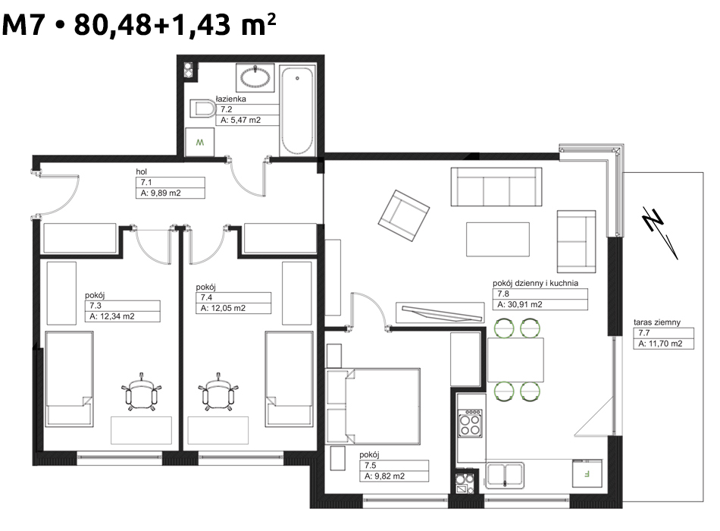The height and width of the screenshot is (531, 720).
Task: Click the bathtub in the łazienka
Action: (x=297, y=112)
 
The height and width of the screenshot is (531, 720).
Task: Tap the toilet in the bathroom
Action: (x=202, y=109)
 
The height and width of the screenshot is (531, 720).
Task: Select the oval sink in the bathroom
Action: (x=255, y=77)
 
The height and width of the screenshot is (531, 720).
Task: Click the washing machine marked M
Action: (x=200, y=142)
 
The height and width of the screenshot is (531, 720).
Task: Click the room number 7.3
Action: (x=95, y=306)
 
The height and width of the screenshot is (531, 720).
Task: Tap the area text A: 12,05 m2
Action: (x=223, y=308)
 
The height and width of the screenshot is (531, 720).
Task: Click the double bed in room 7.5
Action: (x=373, y=407)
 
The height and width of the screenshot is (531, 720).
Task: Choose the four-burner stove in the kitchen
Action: (x=470, y=423)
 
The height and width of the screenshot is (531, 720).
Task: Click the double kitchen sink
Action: (x=505, y=475)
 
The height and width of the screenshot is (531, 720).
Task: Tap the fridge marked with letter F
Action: (x=587, y=473)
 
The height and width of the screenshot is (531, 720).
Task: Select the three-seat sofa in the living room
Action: (x=496, y=187)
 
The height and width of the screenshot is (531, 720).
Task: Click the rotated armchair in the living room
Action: (x=404, y=215)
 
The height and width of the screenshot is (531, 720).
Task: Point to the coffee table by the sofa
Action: (x=498, y=240)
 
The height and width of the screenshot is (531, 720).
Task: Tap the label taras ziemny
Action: (x=657, y=322)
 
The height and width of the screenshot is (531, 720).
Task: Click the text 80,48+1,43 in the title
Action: (x=152, y=24)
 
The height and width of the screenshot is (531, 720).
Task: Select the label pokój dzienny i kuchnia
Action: (x=535, y=283)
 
